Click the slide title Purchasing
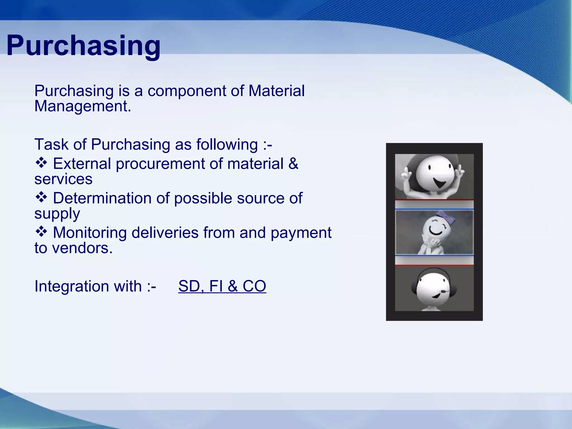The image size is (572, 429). pyautogui.click(x=83, y=46)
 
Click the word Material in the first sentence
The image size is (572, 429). pyautogui.click(x=276, y=91)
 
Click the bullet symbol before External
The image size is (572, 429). pyautogui.click(x=41, y=163)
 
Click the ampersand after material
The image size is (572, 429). pyautogui.click(x=293, y=164)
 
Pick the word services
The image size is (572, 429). pyautogui.click(x=63, y=179)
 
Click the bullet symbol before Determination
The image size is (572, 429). pyautogui.click(x=41, y=197)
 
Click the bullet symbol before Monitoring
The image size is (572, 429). pyautogui.click(x=41, y=232)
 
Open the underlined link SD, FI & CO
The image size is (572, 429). pyautogui.click(x=222, y=286)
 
